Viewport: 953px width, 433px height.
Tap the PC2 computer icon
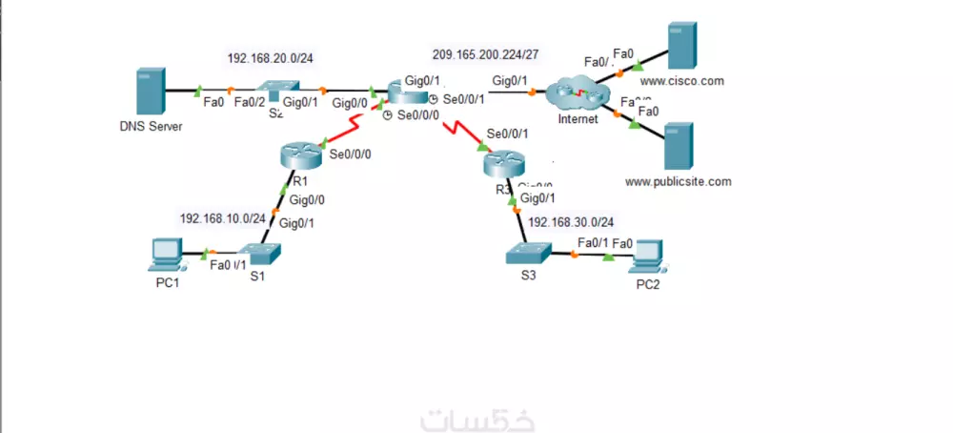pyautogui.click(x=648, y=253)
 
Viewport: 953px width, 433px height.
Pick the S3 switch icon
pyautogui.click(x=529, y=253)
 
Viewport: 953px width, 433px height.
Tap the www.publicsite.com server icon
pyautogui.click(x=678, y=146)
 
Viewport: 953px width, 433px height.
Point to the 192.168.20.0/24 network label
pyautogui.click(x=270, y=58)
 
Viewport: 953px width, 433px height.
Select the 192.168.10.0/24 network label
pyautogui.click(x=223, y=217)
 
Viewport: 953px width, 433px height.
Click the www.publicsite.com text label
pyautogui.click(x=678, y=180)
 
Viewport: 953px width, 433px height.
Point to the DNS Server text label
pyautogui.click(x=151, y=126)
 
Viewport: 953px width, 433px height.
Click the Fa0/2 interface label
pyautogui.click(x=250, y=102)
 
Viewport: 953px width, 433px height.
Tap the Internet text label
pyautogui.click(x=578, y=119)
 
